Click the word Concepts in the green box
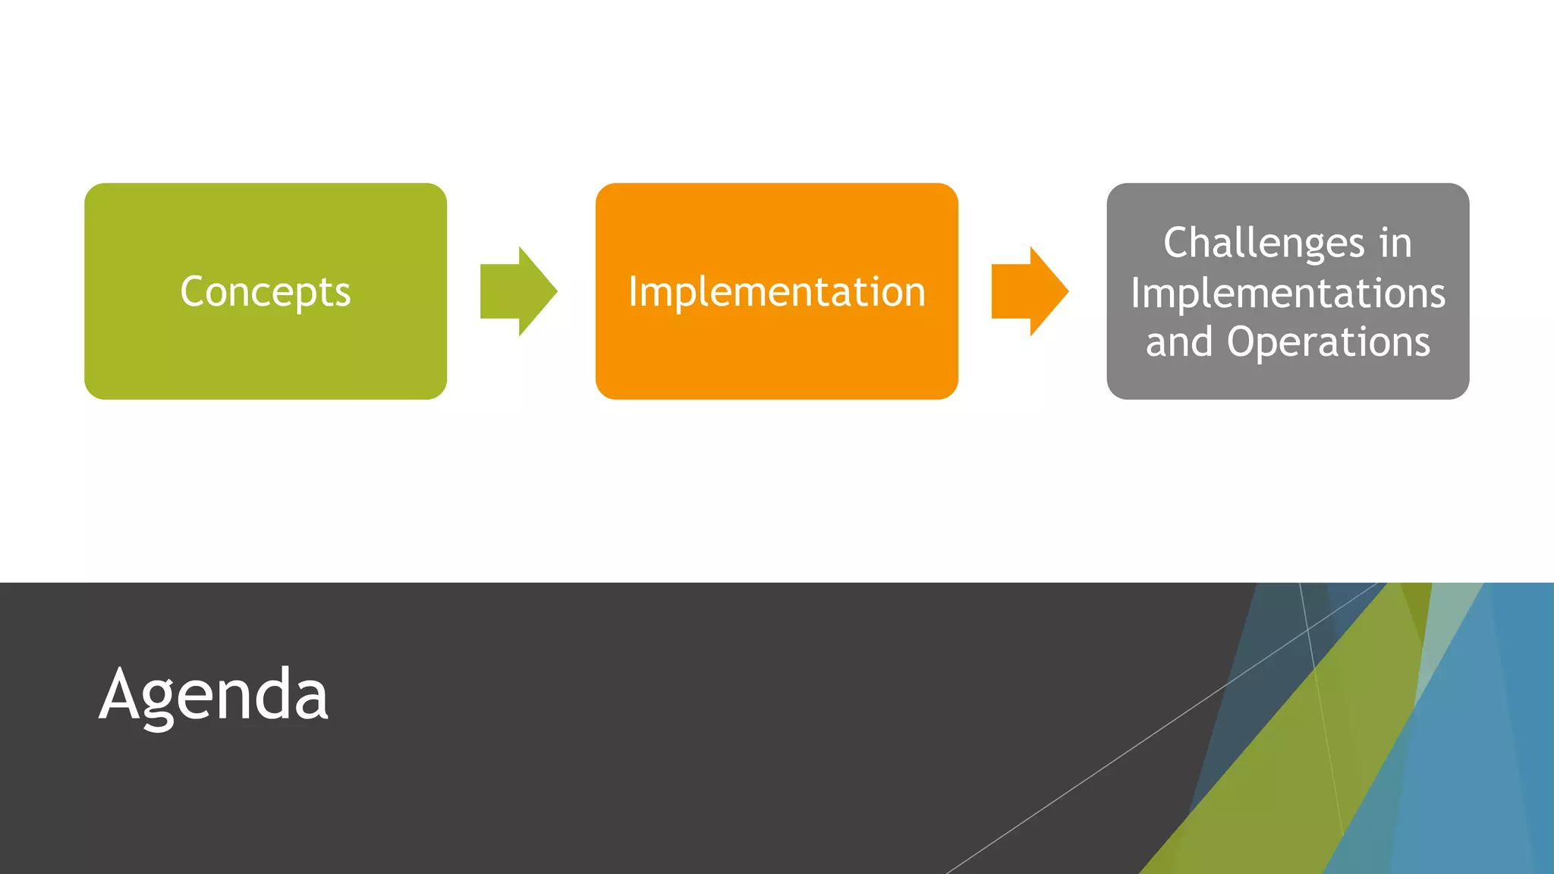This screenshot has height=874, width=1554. coord(266,292)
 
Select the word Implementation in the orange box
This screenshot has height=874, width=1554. coord(776,292)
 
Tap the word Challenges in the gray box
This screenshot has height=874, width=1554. coord(1264,244)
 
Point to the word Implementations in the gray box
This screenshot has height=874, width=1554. coord(1288,293)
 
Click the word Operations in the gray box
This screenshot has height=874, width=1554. coord(1329,341)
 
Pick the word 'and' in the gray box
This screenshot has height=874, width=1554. coord(1179,341)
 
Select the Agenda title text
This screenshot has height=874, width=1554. coord(214,694)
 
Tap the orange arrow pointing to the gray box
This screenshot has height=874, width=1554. coord(1030,291)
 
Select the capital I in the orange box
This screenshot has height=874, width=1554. coord(632,292)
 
